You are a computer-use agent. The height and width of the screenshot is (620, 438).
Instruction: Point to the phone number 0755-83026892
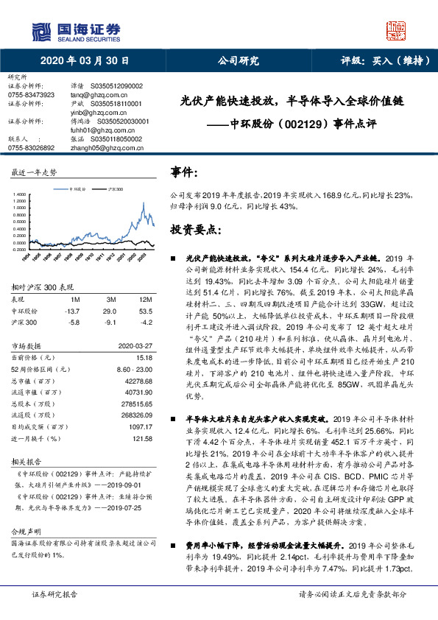(30, 147)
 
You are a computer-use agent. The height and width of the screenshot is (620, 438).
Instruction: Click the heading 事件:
(185, 173)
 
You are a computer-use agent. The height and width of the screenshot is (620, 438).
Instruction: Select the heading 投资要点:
(195, 230)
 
